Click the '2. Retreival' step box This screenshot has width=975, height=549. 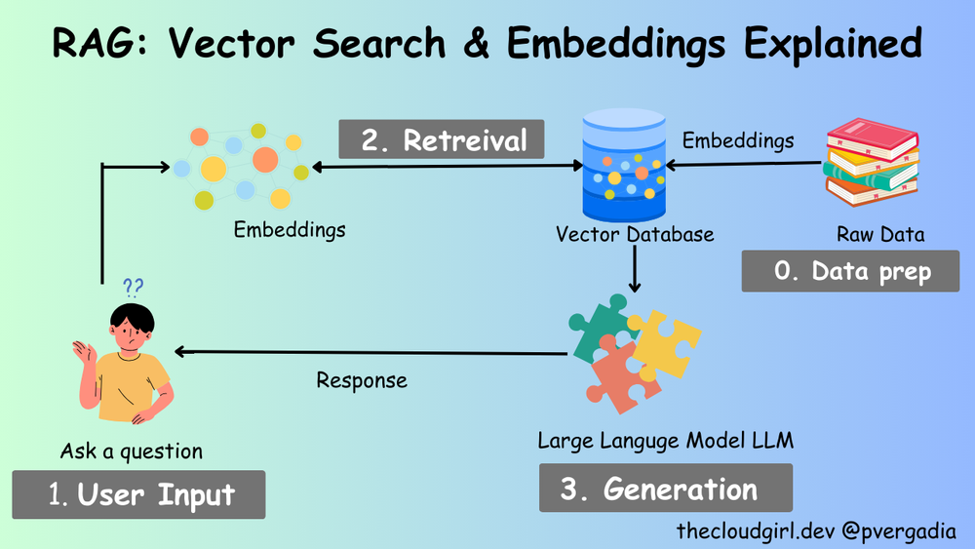442,139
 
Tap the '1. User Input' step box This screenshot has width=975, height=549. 138,494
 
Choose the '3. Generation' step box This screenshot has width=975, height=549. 665,488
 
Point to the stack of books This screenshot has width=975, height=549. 872,164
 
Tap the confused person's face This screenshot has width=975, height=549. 132,332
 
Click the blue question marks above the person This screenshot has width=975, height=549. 133,287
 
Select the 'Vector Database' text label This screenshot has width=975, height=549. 635,235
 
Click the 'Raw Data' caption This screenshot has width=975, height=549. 879,235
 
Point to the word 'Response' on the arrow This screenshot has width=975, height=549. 362,379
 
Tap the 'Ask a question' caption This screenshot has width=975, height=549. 132,451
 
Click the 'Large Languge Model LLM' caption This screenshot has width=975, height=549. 666,441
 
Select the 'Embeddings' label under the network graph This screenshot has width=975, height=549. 290,230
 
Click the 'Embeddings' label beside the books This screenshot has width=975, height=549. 737,140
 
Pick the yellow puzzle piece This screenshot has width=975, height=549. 666,347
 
